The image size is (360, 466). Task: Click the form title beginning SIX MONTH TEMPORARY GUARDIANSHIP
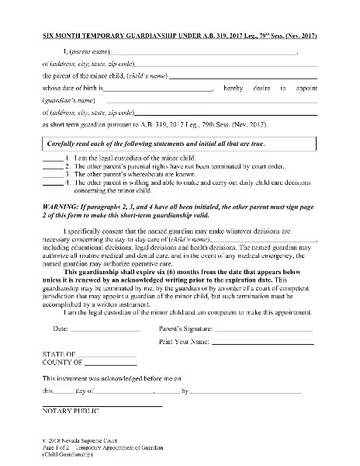pos(179,37)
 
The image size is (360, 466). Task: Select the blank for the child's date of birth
pos(164,92)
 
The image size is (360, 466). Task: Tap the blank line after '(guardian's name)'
pos(209,104)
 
